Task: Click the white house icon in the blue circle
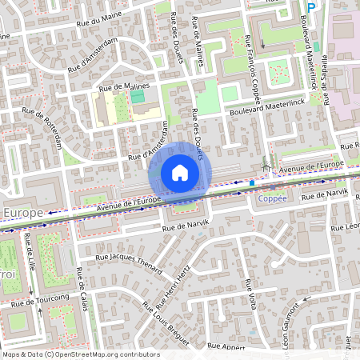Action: tap(180, 172)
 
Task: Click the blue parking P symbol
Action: tap(312, 6)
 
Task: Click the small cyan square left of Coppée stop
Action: tap(252, 182)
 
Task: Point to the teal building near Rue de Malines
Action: tap(138, 96)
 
